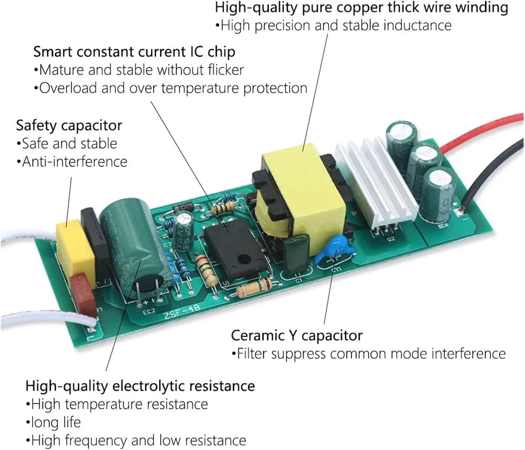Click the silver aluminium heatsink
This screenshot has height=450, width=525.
coord(374,182)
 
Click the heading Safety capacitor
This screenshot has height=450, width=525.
coord(69,125)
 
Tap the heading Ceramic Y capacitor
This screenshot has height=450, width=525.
coord(296,335)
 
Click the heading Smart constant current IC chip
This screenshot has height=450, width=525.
coord(134,52)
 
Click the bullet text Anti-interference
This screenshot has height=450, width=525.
coord(75,162)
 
